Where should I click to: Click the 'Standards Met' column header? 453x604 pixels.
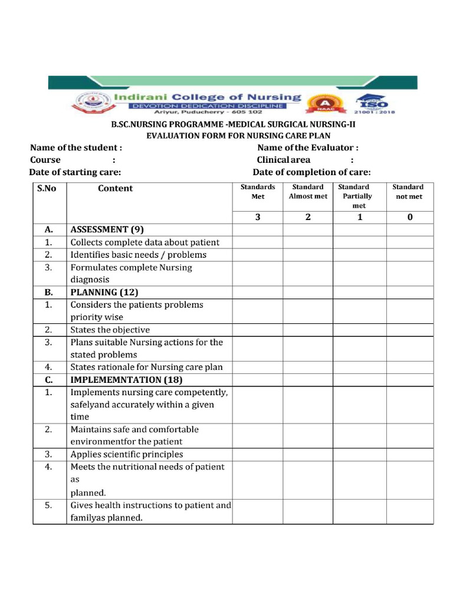(x=258, y=192)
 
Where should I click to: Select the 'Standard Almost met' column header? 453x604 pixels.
(x=308, y=192)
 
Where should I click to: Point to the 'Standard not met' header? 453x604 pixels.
(x=408, y=192)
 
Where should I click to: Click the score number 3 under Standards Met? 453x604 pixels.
(x=258, y=217)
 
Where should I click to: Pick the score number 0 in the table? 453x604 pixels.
(x=410, y=217)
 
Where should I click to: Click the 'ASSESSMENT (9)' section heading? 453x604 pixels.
(x=107, y=229)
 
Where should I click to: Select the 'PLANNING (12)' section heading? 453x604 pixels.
(x=104, y=292)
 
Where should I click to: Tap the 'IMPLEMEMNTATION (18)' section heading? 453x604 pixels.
(x=127, y=379)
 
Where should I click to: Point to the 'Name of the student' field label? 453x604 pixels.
(x=76, y=147)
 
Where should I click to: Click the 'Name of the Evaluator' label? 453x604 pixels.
(x=307, y=147)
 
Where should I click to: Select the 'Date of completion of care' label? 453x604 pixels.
(x=311, y=172)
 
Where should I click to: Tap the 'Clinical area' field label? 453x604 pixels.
(x=283, y=160)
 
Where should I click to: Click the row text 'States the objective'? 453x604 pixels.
(x=110, y=330)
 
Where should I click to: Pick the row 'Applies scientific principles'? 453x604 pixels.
(x=127, y=454)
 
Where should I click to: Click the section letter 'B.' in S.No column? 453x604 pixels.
(x=49, y=292)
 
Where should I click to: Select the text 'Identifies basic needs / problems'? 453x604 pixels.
(x=139, y=255)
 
